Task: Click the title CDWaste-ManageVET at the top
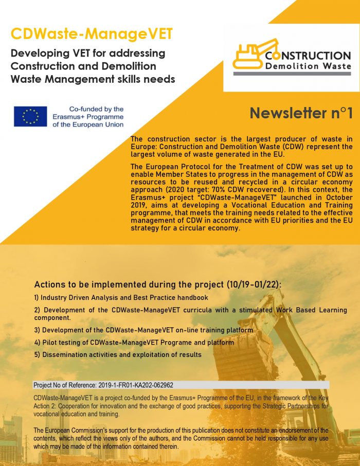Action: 92,34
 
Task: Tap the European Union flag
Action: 30,117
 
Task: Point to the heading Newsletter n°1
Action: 301,113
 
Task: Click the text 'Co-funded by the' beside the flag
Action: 96,109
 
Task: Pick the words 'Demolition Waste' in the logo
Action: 308,66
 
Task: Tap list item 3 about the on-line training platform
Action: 143,330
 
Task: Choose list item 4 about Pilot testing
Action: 134,342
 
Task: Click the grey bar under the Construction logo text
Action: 292,74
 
